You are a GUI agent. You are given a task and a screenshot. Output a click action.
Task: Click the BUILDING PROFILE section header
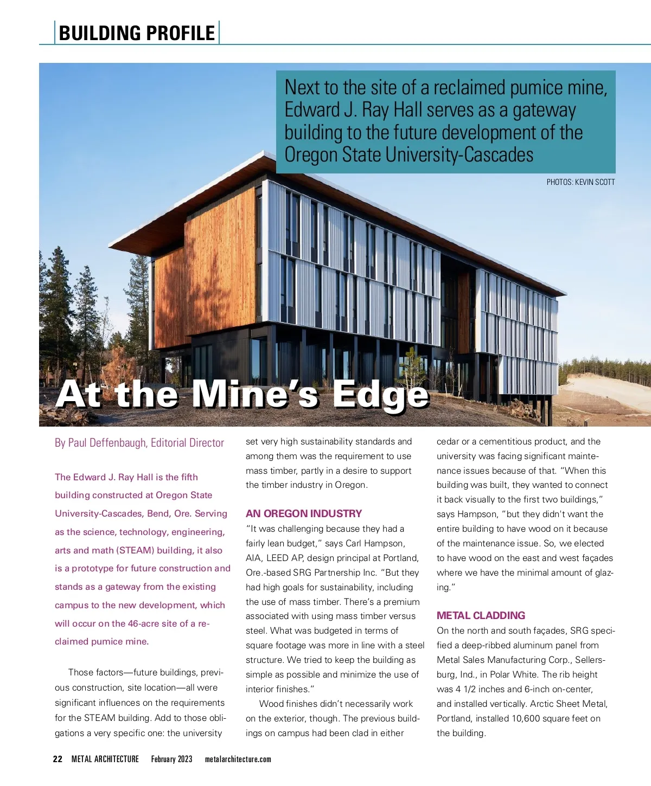(137, 33)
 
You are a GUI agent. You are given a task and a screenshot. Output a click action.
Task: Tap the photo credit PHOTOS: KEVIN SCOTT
(580, 182)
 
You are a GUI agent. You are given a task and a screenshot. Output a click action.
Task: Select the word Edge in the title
(380, 395)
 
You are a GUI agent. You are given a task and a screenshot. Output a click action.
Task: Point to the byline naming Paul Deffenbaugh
(139, 443)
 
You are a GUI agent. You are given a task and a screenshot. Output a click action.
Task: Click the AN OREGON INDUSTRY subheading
(303, 513)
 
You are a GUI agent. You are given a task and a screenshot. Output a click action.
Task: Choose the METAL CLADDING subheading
(481, 615)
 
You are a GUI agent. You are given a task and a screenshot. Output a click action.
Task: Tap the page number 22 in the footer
(58, 759)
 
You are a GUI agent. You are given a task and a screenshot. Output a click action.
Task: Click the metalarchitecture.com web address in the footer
(238, 759)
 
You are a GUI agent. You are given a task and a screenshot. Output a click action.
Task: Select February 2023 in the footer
(171, 759)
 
